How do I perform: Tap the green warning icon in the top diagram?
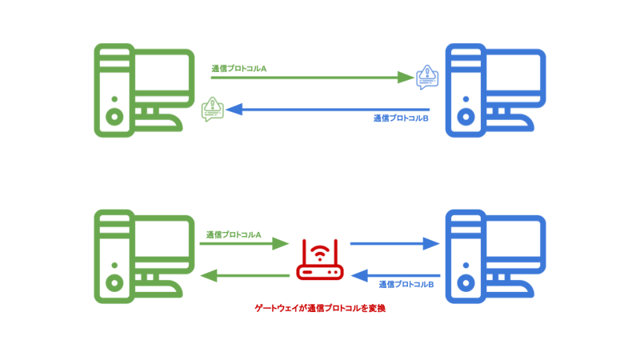click(x=212, y=109)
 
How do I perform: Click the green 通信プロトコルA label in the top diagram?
click(x=238, y=69)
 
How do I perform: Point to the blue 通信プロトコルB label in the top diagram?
click(x=401, y=118)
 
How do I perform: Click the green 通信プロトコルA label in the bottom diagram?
click(x=234, y=234)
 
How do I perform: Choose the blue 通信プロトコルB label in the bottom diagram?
click(x=406, y=284)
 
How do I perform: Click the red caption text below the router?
click(x=320, y=307)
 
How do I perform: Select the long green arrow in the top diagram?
click(x=312, y=78)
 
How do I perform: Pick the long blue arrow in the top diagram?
click(x=328, y=109)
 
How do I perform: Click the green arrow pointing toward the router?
click(x=244, y=243)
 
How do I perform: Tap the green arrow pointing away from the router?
click(x=244, y=275)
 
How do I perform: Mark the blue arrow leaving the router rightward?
click(x=395, y=243)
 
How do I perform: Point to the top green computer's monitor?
click(x=164, y=80)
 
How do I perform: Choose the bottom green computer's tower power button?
click(x=114, y=282)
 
